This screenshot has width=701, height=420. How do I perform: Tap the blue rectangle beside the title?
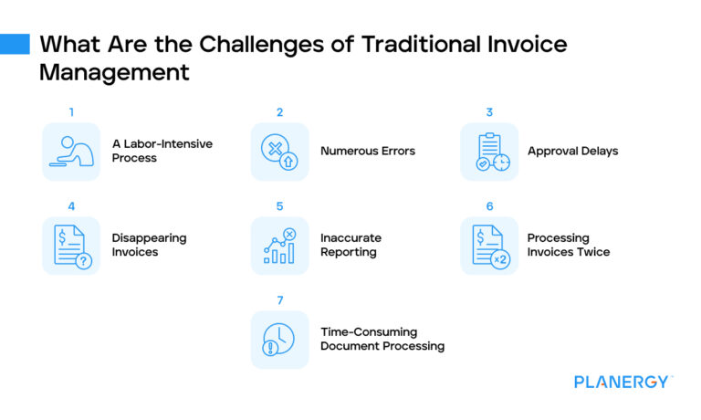click(x=15, y=45)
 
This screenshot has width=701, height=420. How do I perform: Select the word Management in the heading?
click(x=114, y=73)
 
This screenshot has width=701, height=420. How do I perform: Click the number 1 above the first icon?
click(x=71, y=112)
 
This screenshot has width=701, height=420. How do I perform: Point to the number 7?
click(x=280, y=300)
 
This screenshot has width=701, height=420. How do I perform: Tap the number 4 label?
click(x=71, y=206)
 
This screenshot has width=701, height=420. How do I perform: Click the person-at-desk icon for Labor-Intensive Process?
click(x=71, y=152)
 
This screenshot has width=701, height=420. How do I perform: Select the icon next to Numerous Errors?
click(x=279, y=152)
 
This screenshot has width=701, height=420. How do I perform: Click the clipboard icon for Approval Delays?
click(x=489, y=152)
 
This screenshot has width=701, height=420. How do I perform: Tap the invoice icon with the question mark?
click(x=71, y=246)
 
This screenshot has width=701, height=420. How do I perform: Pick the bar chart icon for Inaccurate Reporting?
click(x=279, y=246)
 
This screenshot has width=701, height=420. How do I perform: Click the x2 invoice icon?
click(x=489, y=246)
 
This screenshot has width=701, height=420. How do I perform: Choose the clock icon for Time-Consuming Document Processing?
click(x=279, y=340)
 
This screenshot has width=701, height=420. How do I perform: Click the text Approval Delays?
click(x=572, y=151)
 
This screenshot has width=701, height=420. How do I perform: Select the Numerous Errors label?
click(x=367, y=151)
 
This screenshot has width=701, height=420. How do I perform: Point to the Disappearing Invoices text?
click(x=149, y=245)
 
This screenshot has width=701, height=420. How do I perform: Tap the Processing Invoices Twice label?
click(x=568, y=245)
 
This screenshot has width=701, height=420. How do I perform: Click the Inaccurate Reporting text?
click(x=350, y=245)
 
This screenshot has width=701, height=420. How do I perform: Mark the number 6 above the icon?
click(x=489, y=206)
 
